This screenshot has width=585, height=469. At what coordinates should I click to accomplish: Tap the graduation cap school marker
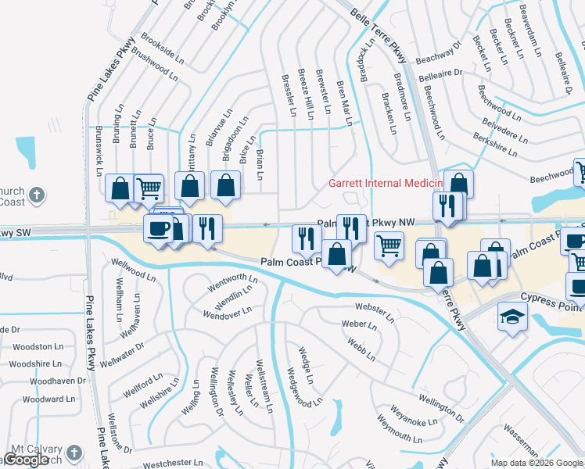[x=512, y=316]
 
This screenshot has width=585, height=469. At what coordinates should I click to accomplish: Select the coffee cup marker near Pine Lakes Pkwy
[x=159, y=229]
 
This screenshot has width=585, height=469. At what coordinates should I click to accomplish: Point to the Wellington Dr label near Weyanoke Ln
[x=441, y=406]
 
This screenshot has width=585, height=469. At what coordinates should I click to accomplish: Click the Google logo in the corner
[x=26, y=460]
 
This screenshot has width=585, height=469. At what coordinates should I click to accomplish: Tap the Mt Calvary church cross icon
[x=74, y=453]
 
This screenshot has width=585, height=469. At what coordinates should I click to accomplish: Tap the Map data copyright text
[x=537, y=463]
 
